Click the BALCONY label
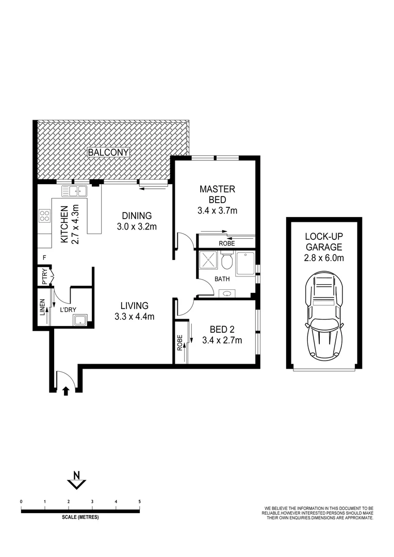[x=108, y=153]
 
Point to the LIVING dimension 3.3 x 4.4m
[x=135, y=316]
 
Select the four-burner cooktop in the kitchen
[x=44, y=216]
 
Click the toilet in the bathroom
[x=225, y=261]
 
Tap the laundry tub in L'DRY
[x=80, y=321]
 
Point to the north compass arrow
[x=77, y=481]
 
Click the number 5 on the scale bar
[x=139, y=501]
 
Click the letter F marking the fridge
[x=45, y=257]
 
